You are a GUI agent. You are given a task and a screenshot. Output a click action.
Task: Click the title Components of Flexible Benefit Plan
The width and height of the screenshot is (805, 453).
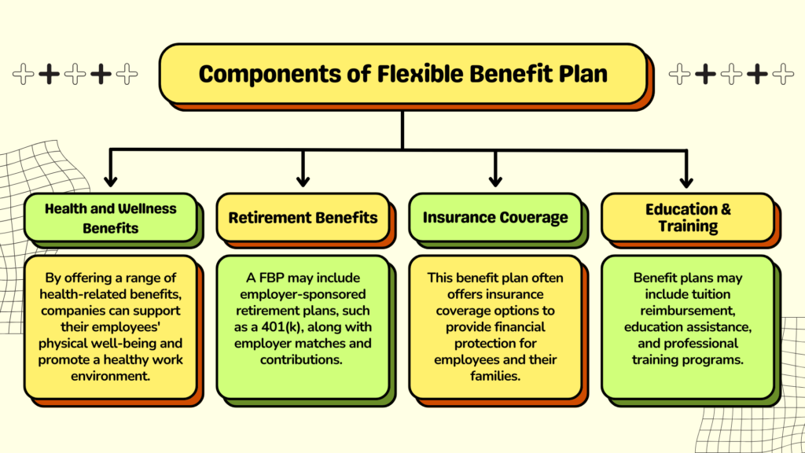(402, 75)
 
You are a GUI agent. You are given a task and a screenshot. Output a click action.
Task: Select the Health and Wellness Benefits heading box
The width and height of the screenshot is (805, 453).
(110, 218)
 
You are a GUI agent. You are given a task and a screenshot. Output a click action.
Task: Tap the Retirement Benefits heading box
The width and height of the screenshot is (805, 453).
(303, 217)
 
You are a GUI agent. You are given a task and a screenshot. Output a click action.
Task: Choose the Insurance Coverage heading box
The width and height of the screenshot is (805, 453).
(495, 217)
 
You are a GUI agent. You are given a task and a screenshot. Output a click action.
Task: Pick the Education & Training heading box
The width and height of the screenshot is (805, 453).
(688, 218)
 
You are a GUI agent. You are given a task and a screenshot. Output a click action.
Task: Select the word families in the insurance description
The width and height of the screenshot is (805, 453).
(494, 377)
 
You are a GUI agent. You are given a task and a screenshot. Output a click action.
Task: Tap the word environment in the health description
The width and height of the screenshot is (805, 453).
(110, 377)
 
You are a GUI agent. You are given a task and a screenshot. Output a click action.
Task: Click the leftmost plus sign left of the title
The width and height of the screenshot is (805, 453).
(24, 75)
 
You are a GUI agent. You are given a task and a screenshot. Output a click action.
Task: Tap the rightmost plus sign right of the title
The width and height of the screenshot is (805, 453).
(783, 75)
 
